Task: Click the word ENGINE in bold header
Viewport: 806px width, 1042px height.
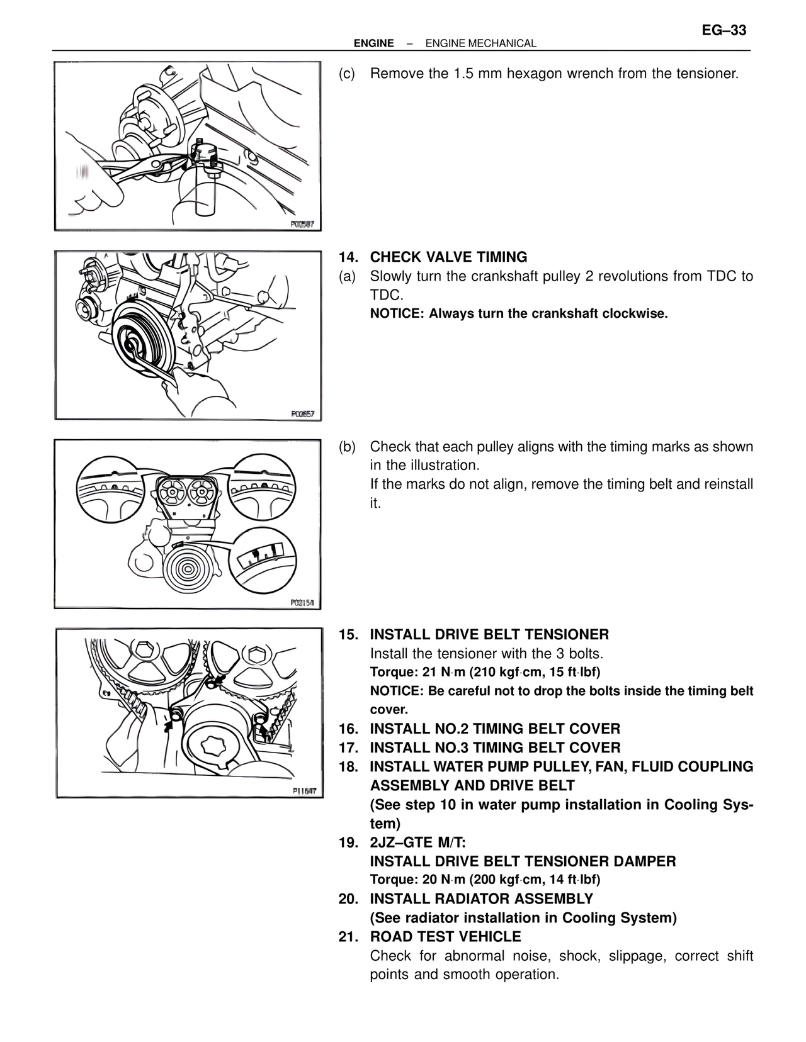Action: click(x=373, y=43)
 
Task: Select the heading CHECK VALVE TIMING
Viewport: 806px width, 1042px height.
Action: click(x=448, y=257)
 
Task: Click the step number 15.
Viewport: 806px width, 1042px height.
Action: click(x=348, y=634)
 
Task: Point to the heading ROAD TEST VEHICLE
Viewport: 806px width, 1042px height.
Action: click(x=445, y=936)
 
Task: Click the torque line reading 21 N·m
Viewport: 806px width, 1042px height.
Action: click(x=485, y=672)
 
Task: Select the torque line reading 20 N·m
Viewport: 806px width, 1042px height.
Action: click(x=485, y=880)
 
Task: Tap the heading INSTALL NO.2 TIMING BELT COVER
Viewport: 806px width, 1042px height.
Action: click(x=495, y=729)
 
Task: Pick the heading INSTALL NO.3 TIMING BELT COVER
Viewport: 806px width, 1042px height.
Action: click(x=495, y=748)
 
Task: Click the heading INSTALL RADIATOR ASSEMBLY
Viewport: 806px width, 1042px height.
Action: click(x=482, y=899)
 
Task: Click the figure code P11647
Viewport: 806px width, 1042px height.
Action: click(x=304, y=792)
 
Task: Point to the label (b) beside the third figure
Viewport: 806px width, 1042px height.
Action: click(x=347, y=447)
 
